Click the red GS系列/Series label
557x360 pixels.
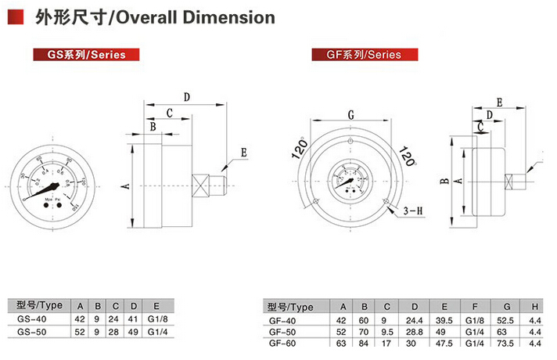click(77, 55)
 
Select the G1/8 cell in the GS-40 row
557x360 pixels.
click(156, 319)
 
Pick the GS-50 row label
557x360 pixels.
click(35, 333)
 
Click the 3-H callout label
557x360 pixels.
click(413, 211)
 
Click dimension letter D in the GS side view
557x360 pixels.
click(186, 98)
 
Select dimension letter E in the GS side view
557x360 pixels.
click(243, 153)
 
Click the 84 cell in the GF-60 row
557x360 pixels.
click(365, 344)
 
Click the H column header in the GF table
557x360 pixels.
click(535, 307)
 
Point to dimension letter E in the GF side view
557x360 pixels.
click(499, 102)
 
